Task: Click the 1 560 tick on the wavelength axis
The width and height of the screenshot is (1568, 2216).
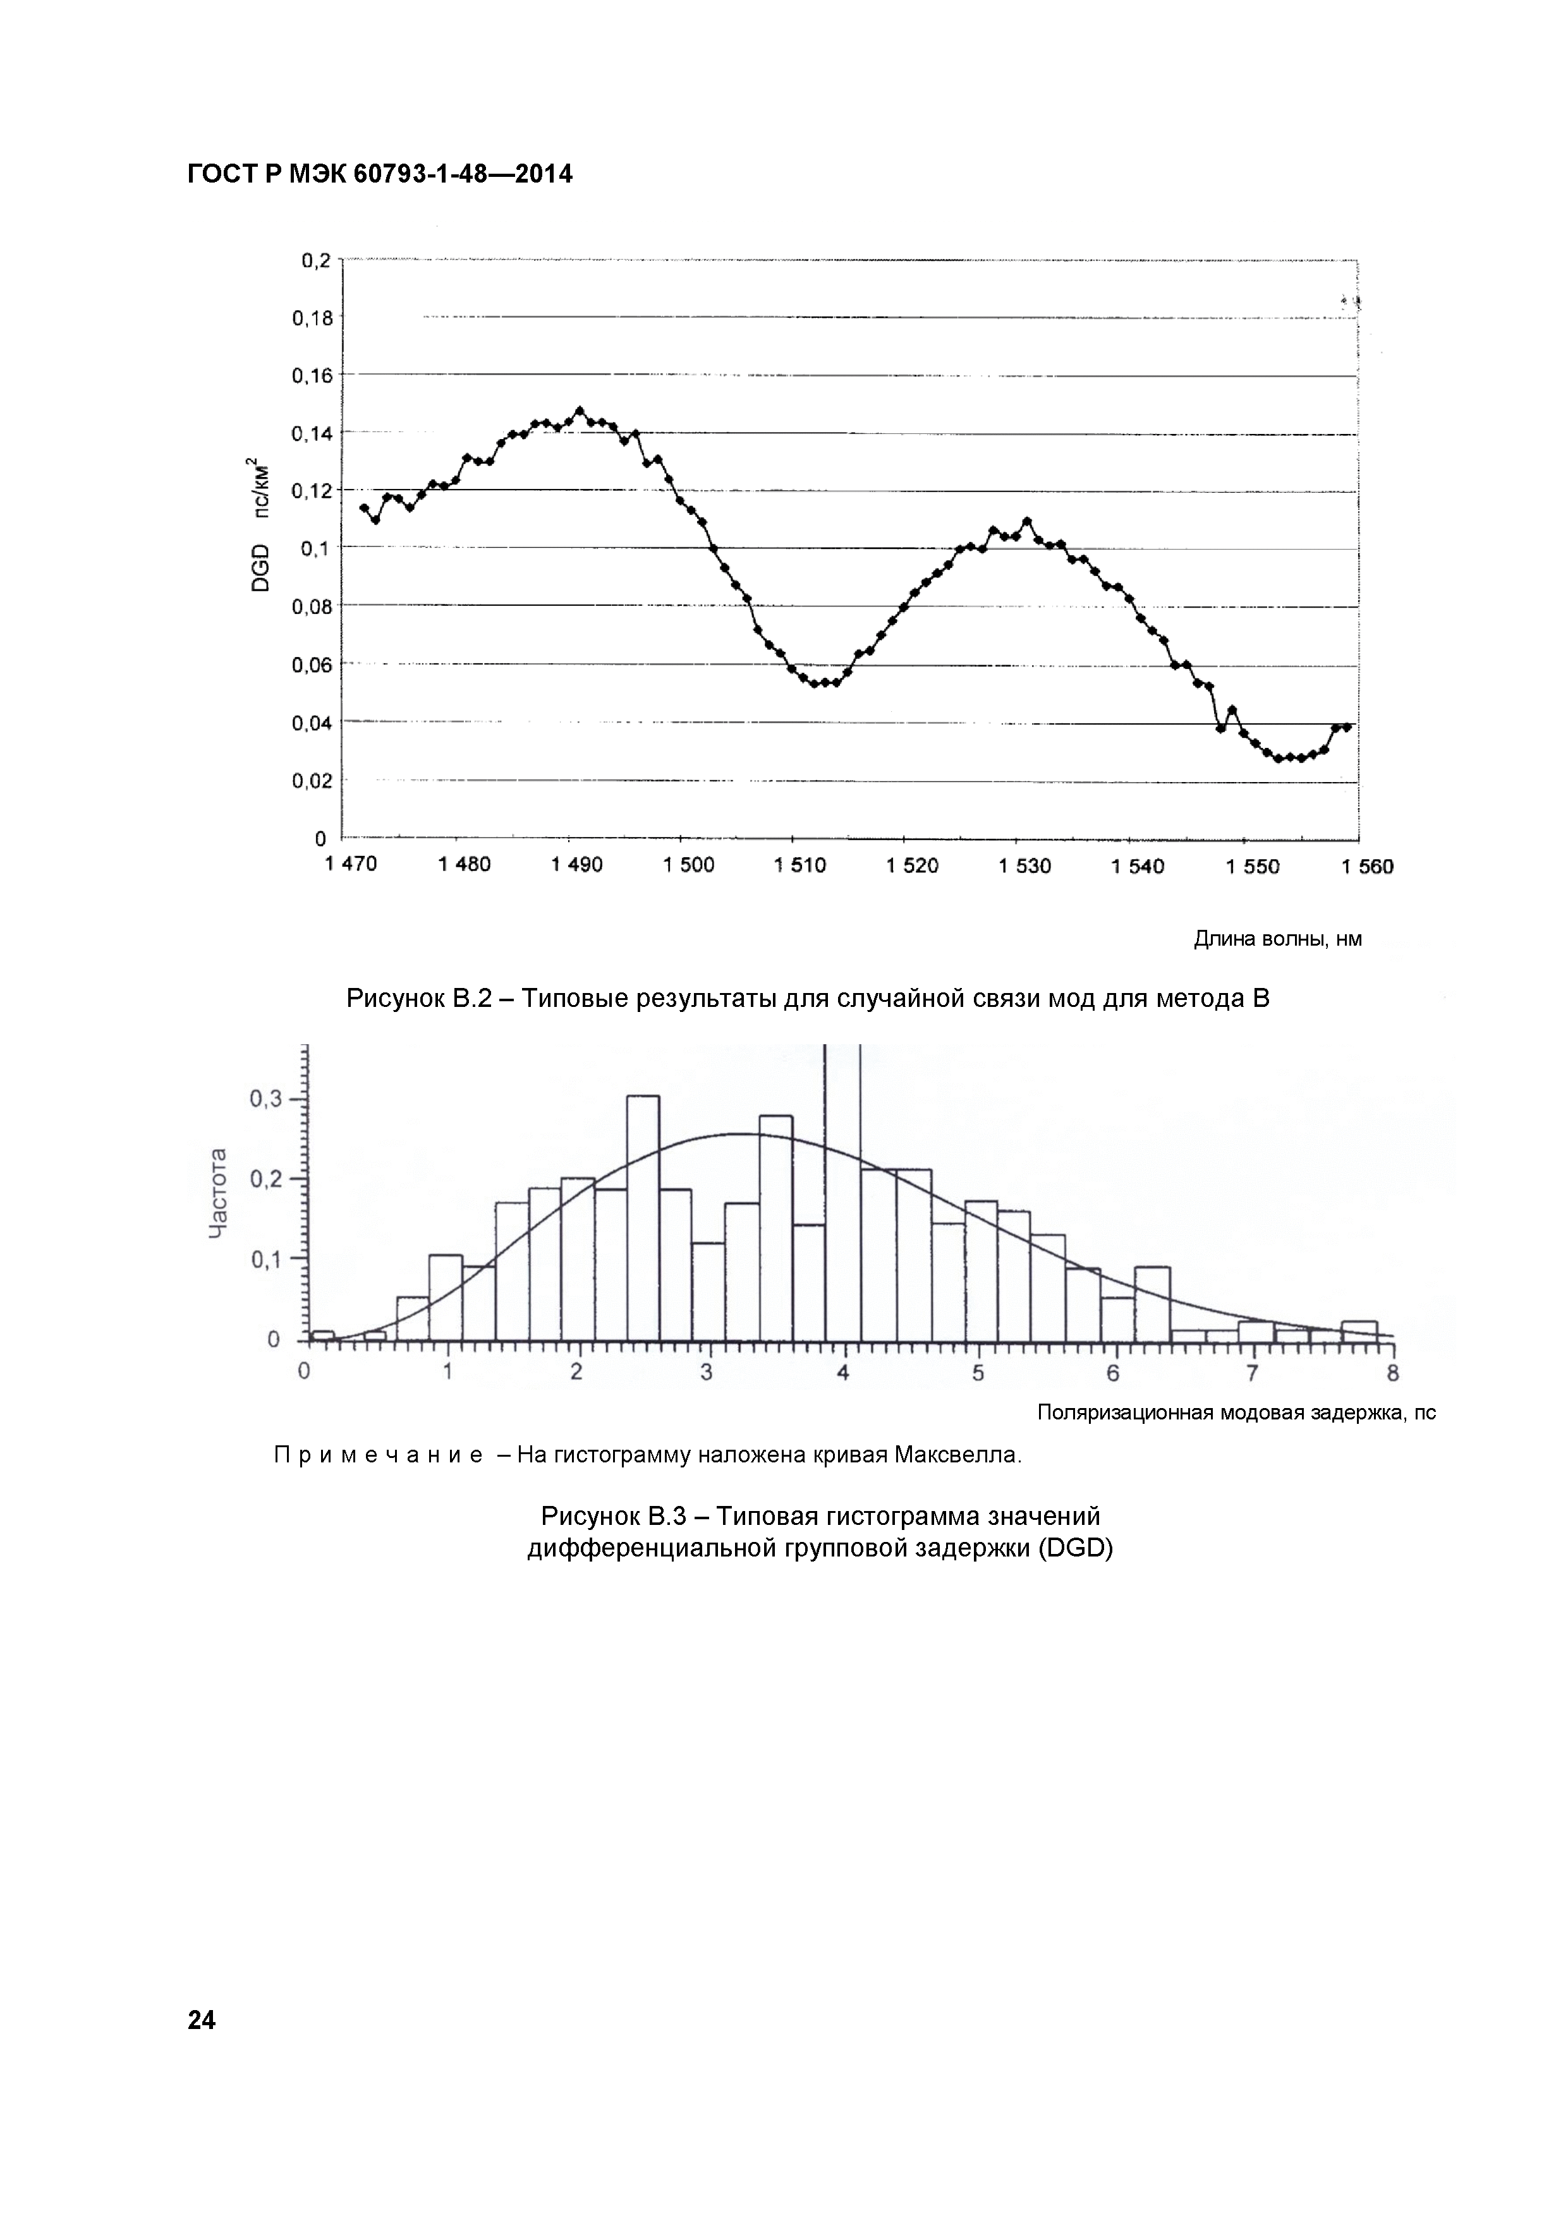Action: tap(1367, 867)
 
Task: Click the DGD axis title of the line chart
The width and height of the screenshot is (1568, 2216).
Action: tap(260, 527)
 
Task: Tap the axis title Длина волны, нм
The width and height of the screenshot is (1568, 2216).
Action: tap(1277, 939)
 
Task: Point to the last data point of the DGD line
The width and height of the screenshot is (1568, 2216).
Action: tap(1347, 726)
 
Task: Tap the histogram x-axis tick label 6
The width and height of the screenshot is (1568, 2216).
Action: tap(1113, 1373)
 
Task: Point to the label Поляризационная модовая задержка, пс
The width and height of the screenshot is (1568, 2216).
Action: tap(1236, 1413)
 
